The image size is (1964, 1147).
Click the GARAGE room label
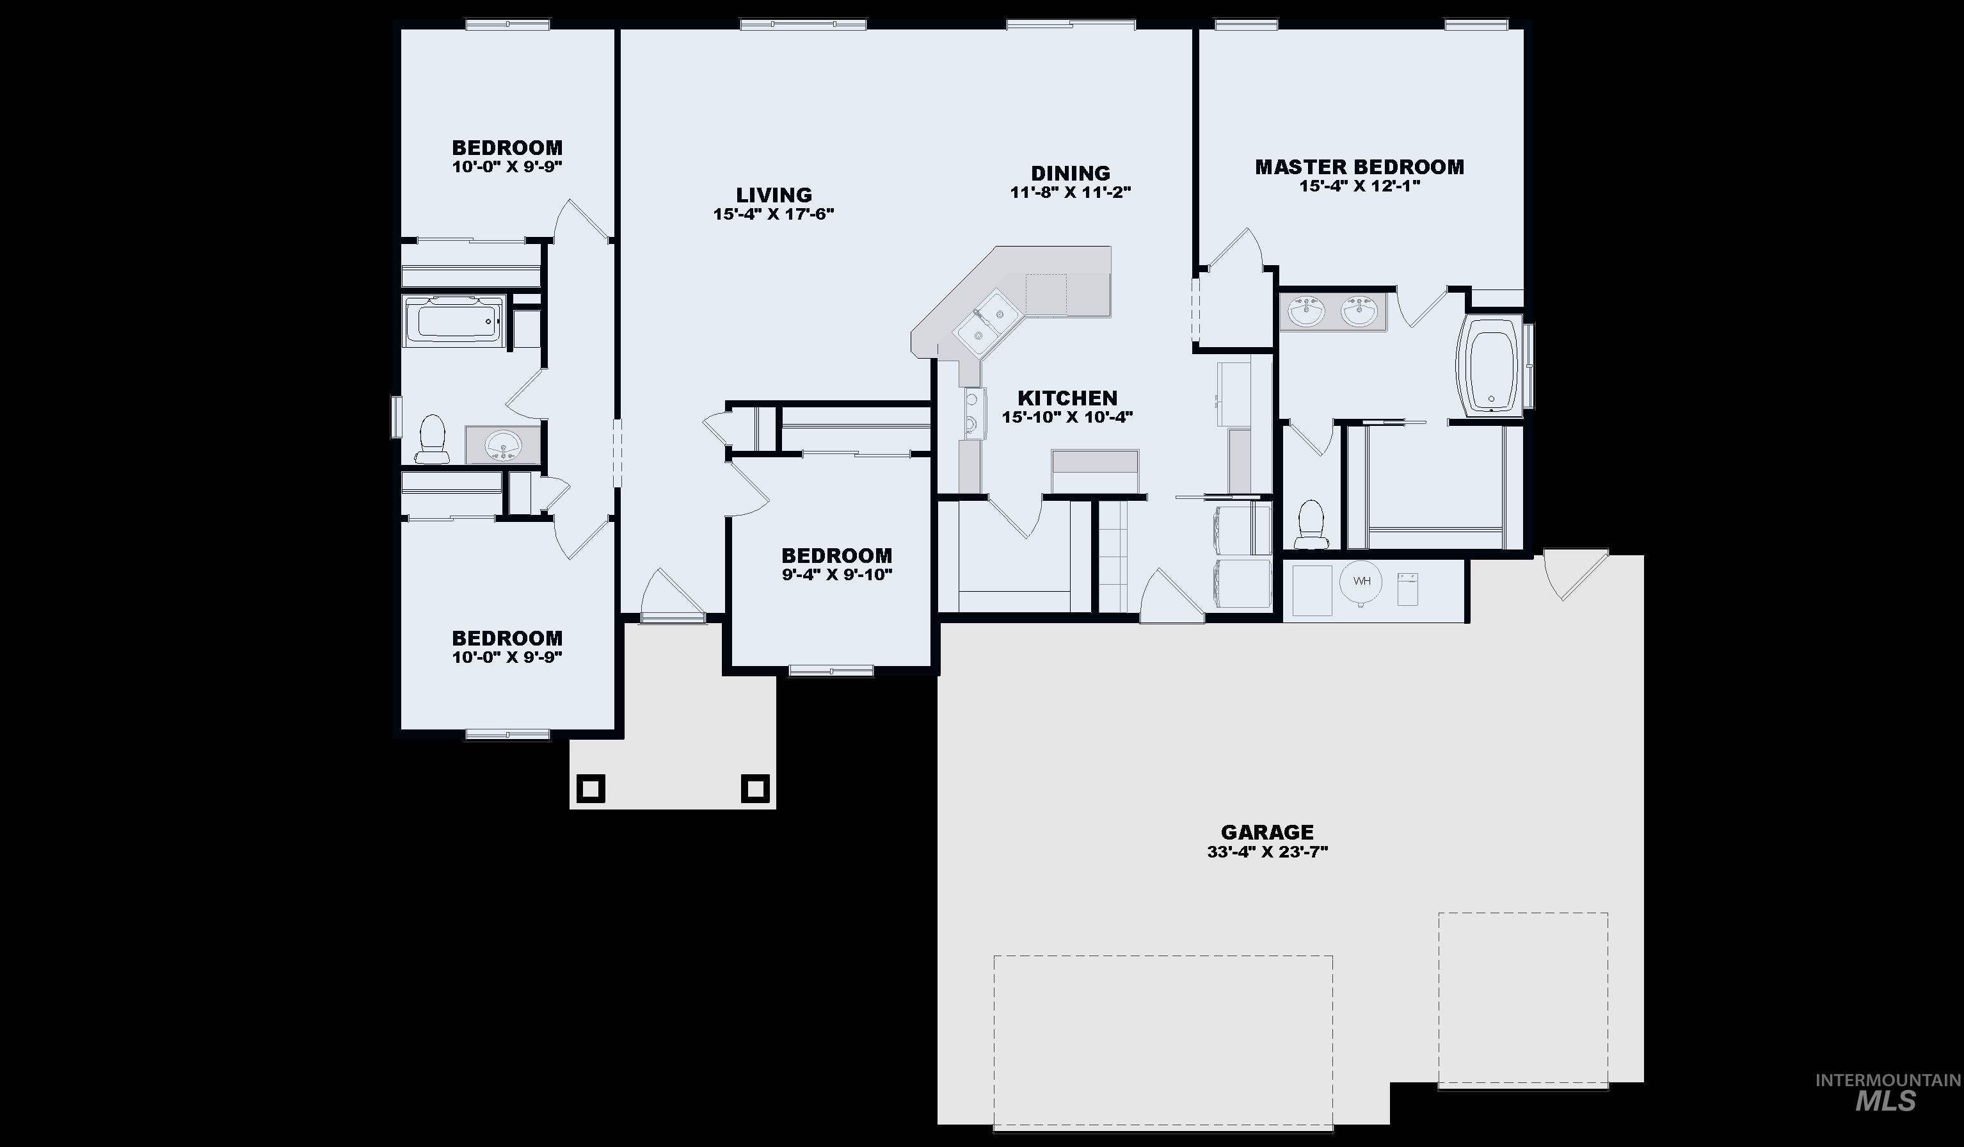(x=1267, y=832)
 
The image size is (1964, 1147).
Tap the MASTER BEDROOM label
(x=1359, y=167)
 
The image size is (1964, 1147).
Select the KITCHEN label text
(x=1067, y=398)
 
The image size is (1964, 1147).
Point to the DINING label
(x=1070, y=173)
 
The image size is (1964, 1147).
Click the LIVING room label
(x=774, y=195)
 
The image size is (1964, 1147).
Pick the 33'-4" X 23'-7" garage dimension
(x=1267, y=852)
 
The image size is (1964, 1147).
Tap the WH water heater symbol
(x=1361, y=582)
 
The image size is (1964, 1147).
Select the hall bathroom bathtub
(x=456, y=320)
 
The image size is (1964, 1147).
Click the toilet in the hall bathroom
(x=432, y=439)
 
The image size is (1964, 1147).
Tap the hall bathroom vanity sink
(x=503, y=446)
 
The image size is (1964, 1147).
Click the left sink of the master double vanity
(x=1305, y=312)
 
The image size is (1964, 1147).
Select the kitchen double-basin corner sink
(x=986, y=327)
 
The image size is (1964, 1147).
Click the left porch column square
(x=590, y=788)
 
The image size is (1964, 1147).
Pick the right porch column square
(x=754, y=788)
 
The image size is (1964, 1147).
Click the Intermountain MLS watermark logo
(x=1886, y=1091)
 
